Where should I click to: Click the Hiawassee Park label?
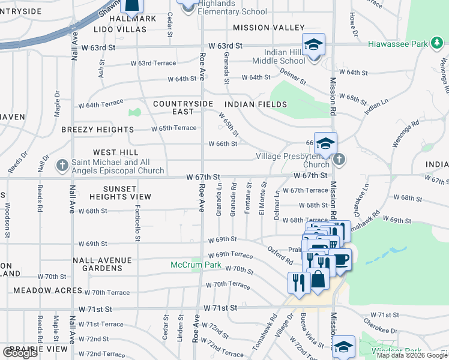(406, 44)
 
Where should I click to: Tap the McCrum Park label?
(196, 265)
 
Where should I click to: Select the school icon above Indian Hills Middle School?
(313, 46)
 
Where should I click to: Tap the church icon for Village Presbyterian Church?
(339, 160)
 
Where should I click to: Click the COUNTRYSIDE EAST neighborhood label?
(183, 108)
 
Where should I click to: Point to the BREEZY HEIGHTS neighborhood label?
(97, 130)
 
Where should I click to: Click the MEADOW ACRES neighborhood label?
(47, 290)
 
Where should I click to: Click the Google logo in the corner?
(20, 353)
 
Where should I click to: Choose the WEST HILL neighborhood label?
(115, 152)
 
